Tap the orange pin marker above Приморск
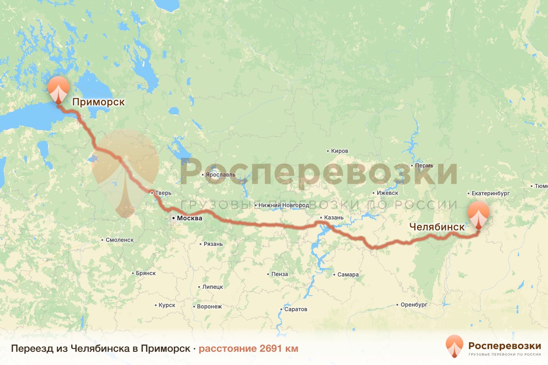pos(58,89)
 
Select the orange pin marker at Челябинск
pos(478,214)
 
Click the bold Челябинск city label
pos(437,226)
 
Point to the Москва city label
pos(189,219)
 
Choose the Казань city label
pos(333,218)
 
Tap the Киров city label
pos(340,151)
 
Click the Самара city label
pos(348,275)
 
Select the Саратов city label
pos(295,309)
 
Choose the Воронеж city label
pos(209,307)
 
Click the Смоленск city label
pos(119,240)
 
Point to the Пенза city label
pos(279,274)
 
